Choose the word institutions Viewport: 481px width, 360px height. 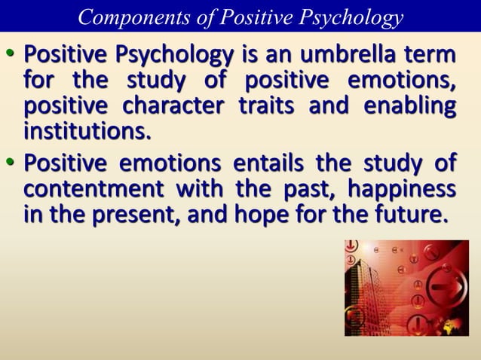click(x=87, y=133)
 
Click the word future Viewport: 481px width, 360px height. click(x=408, y=215)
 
